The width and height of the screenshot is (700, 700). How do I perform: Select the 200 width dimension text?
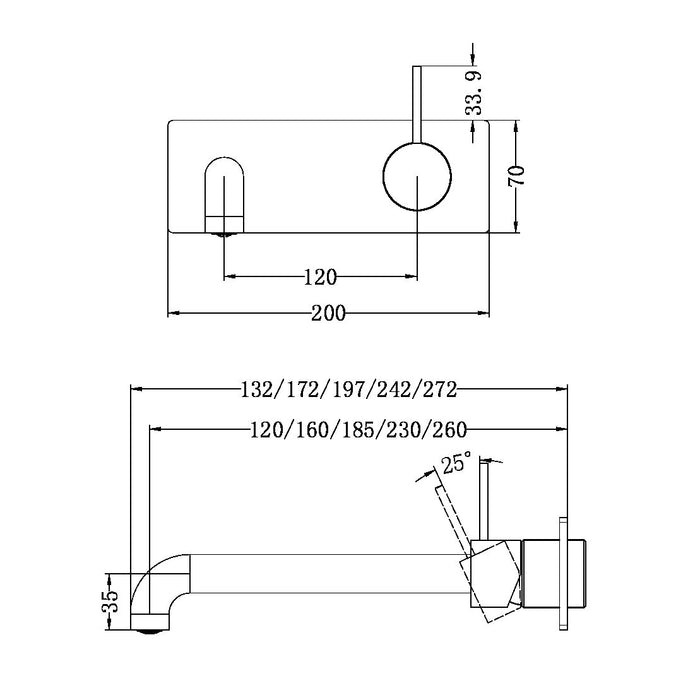[x=327, y=313]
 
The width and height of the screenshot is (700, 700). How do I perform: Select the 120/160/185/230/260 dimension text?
[x=359, y=430]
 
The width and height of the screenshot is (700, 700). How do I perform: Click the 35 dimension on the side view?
[x=112, y=600]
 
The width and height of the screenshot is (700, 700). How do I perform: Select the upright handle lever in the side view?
[x=484, y=505]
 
